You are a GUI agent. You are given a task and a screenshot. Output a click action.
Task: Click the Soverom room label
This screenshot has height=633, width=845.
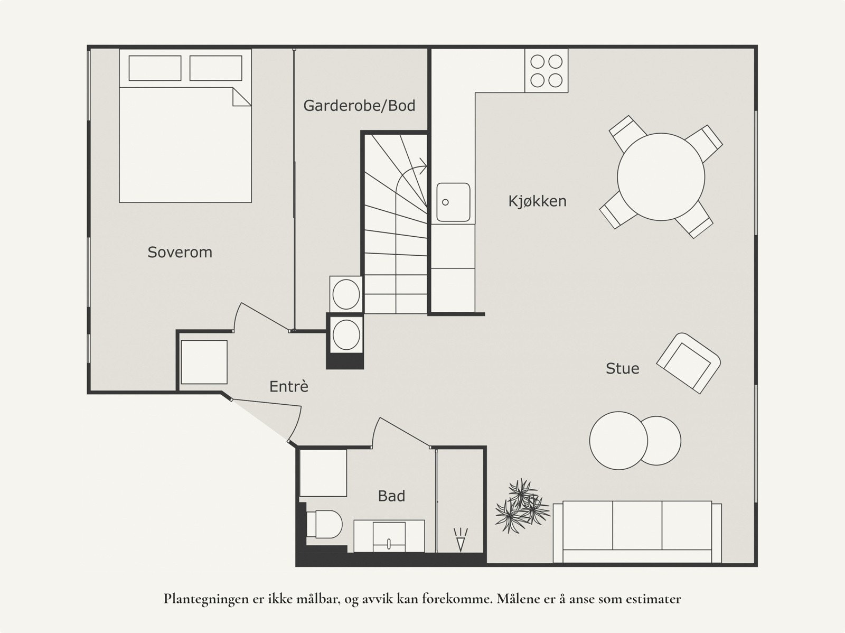pos(180,252)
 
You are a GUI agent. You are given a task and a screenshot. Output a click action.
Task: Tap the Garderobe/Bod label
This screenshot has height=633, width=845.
pos(359,106)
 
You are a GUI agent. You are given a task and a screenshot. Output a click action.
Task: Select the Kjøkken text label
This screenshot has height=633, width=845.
pos(538,201)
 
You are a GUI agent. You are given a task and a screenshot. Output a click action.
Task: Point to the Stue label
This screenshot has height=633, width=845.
pos(623,368)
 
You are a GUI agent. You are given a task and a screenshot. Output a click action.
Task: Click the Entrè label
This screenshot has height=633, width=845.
pos(289,386)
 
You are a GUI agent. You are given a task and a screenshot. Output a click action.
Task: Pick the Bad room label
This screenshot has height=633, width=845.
pos(391,496)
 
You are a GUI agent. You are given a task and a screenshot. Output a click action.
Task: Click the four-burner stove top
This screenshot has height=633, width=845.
pos(546,71)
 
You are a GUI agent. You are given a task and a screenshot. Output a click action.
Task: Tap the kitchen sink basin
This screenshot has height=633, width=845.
pos(453,202)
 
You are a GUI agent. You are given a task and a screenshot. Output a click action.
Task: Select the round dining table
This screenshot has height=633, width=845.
pos(661,176)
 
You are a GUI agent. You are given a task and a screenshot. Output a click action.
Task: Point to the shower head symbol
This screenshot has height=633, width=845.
pos(461,539)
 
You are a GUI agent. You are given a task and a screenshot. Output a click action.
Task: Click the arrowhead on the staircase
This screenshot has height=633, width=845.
pos(424,166)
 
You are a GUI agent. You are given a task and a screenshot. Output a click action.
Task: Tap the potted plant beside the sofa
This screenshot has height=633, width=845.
pos(522,506)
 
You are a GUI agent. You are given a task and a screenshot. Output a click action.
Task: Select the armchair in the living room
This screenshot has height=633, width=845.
pos(688,363)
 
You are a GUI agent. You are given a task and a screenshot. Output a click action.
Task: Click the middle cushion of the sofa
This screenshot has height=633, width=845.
pos(637,525)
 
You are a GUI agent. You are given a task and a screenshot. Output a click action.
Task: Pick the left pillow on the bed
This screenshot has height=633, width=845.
pos(155,68)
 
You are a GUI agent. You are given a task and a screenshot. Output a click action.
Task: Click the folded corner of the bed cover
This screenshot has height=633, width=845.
pos(241,97)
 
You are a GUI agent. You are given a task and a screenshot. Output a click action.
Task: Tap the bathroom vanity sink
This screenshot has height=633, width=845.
pos(389,536)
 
